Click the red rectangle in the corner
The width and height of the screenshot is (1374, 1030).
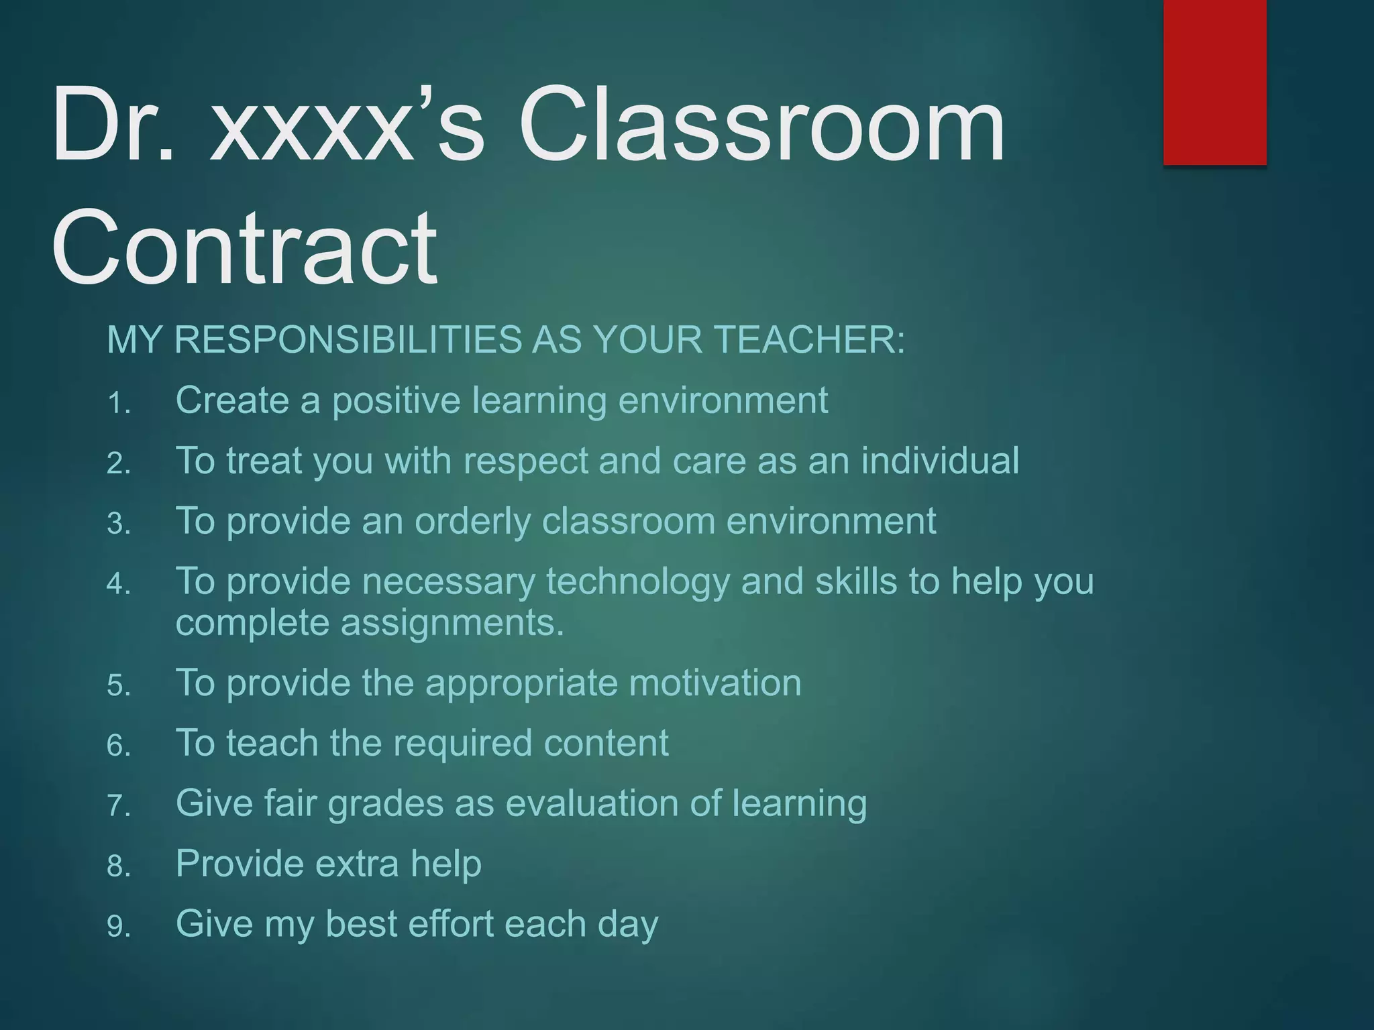tap(1214, 82)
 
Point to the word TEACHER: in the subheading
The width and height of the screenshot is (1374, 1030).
tap(808, 339)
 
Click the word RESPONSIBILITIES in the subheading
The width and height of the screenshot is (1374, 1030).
tap(348, 339)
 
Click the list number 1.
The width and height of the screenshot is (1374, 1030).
tap(118, 404)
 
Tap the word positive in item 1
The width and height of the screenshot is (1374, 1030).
tap(397, 401)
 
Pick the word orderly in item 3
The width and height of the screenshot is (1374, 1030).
tap(472, 522)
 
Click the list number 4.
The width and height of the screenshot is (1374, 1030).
tap(118, 584)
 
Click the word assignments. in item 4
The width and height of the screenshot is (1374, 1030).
tap(452, 623)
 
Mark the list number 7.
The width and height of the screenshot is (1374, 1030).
tap(118, 806)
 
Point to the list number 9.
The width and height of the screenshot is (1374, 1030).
tap(118, 927)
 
